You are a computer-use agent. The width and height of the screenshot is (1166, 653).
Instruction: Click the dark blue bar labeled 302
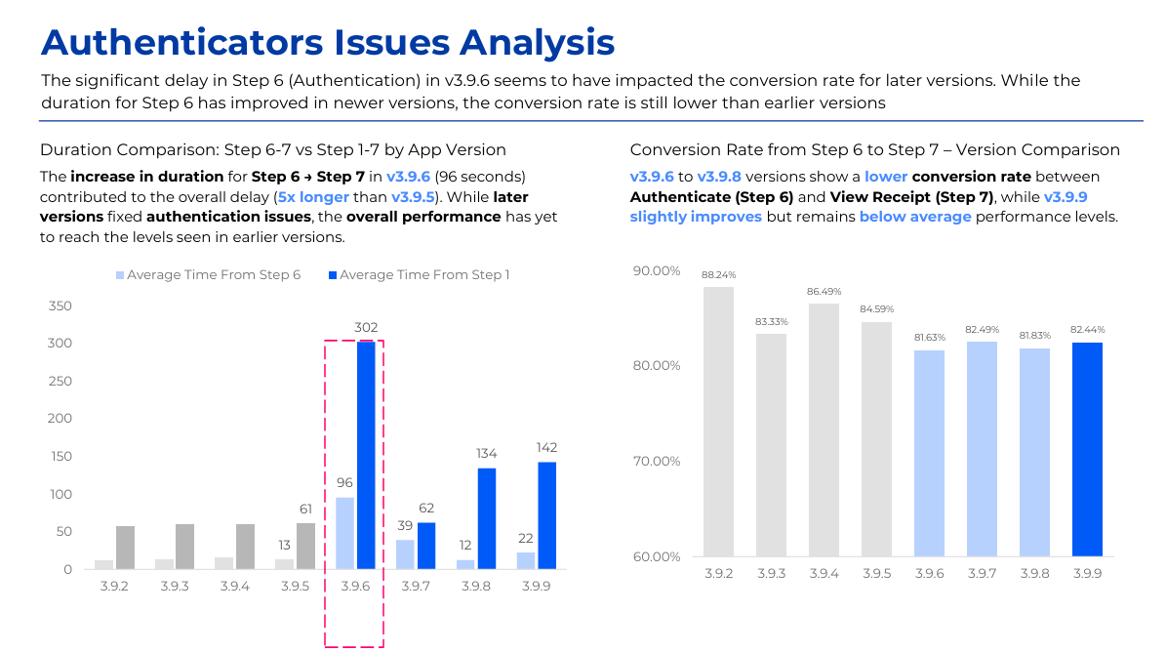(366, 455)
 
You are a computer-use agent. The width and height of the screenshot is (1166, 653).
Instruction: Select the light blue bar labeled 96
(344, 533)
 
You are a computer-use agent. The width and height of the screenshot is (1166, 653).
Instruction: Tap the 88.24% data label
(718, 275)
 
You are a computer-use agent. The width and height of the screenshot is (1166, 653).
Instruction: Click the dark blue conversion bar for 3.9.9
(1087, 449)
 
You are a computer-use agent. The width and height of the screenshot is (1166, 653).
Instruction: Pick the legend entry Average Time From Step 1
(420, 275)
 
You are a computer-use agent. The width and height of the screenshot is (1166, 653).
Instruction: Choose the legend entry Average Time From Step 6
(208, 275)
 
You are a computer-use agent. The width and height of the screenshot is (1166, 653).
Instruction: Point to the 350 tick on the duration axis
(60, 306)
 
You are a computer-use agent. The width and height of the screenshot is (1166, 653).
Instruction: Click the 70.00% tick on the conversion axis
(657, 461)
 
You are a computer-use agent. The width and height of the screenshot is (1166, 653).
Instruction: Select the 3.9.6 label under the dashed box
(355, 586)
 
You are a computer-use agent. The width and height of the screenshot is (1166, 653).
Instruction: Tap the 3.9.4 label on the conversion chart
(824, 573)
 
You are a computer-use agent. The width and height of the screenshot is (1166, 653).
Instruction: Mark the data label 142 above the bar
(546, 448)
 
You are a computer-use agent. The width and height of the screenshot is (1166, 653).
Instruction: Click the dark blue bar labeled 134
(486, 519)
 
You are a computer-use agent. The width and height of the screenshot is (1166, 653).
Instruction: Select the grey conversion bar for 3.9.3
(771, 445)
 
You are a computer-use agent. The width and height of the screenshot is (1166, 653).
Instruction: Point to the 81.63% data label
(930, 338)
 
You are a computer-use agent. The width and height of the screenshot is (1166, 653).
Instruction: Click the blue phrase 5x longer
(313, 197)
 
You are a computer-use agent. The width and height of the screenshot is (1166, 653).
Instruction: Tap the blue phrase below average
(915, 217)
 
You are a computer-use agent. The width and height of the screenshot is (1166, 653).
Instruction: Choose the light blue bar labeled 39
(405, 554)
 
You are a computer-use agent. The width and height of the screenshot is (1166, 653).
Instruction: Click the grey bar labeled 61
(305, 547)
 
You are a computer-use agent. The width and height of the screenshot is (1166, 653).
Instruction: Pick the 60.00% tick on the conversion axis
(657, 557)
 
